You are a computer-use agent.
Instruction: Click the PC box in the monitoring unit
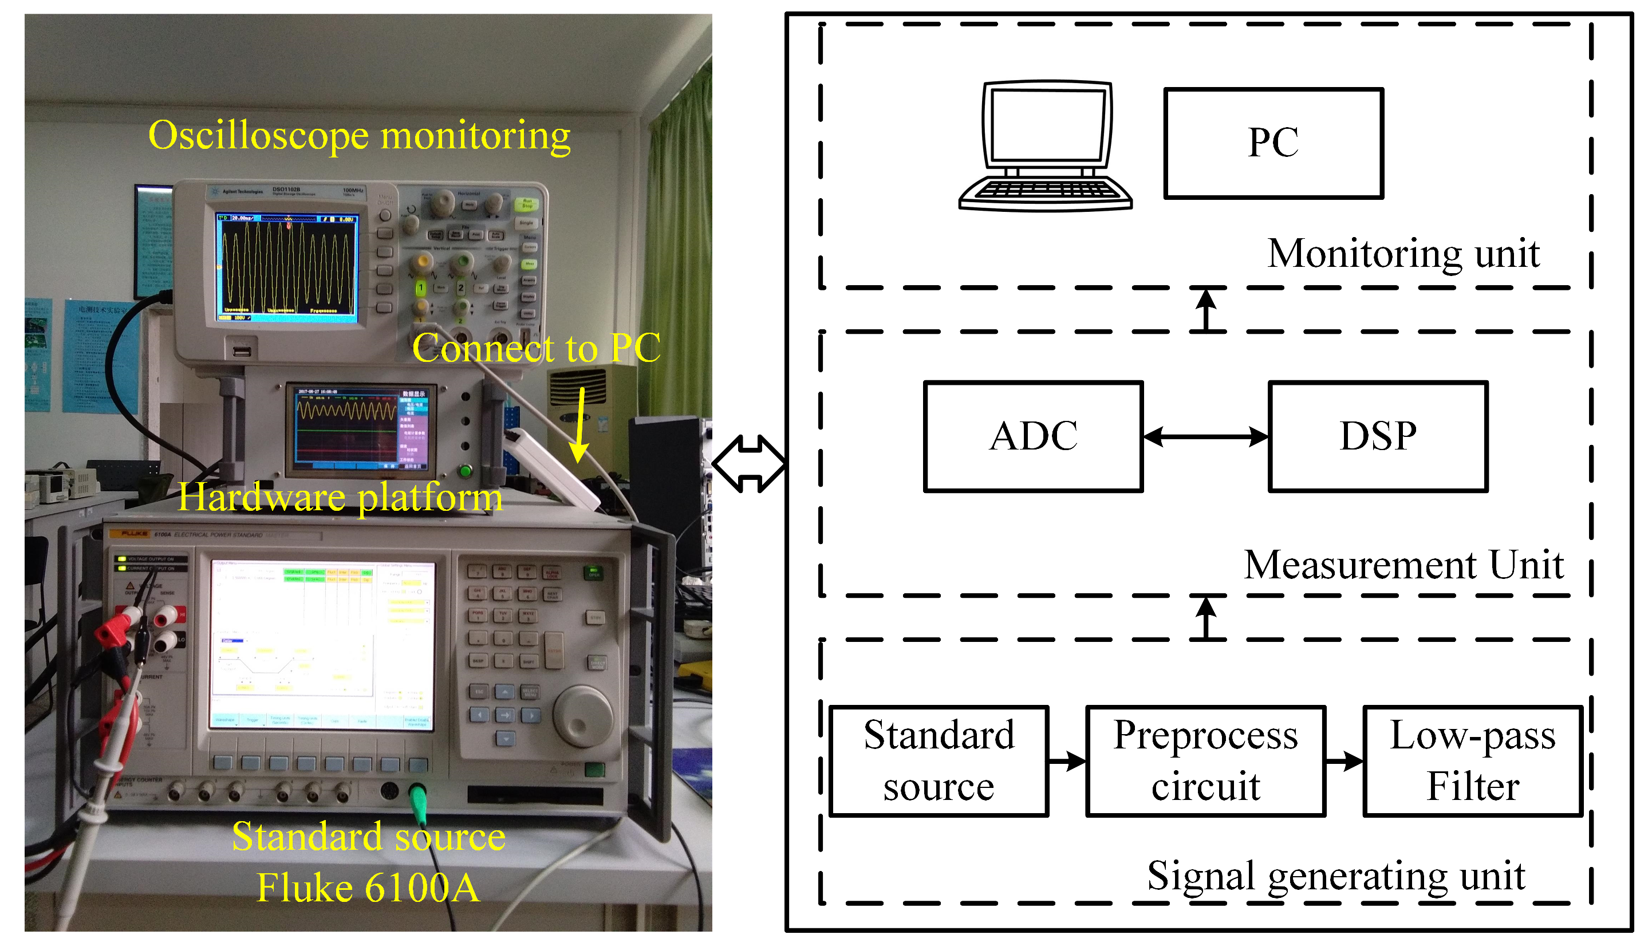tap(1273, 143)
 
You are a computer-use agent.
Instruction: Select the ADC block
tap(1033, 436)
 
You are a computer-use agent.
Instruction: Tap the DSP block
tap(1377, 436)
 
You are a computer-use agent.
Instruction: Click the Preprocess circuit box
tap(1205, 761)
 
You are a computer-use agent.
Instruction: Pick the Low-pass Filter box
tap(1473, 761)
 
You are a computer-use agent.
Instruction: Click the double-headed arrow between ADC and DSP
tap(1205, 436)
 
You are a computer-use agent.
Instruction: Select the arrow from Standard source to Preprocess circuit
tap(1067, 761)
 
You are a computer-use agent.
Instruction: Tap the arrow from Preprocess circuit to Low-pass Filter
tap(1344, 761)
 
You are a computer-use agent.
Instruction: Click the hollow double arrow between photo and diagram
tap(748, 464)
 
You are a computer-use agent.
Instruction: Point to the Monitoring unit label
tap(1403, 253)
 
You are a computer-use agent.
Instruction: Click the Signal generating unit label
tap(1335, 876)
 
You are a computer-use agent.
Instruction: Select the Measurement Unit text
tap(1403, 565)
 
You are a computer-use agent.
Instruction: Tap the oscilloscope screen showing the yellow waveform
tap(287, 266)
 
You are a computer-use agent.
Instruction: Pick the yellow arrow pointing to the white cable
tap(579, 425)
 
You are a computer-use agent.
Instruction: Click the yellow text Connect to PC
tap(537, 348)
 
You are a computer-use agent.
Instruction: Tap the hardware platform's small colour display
tap(361, 428)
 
